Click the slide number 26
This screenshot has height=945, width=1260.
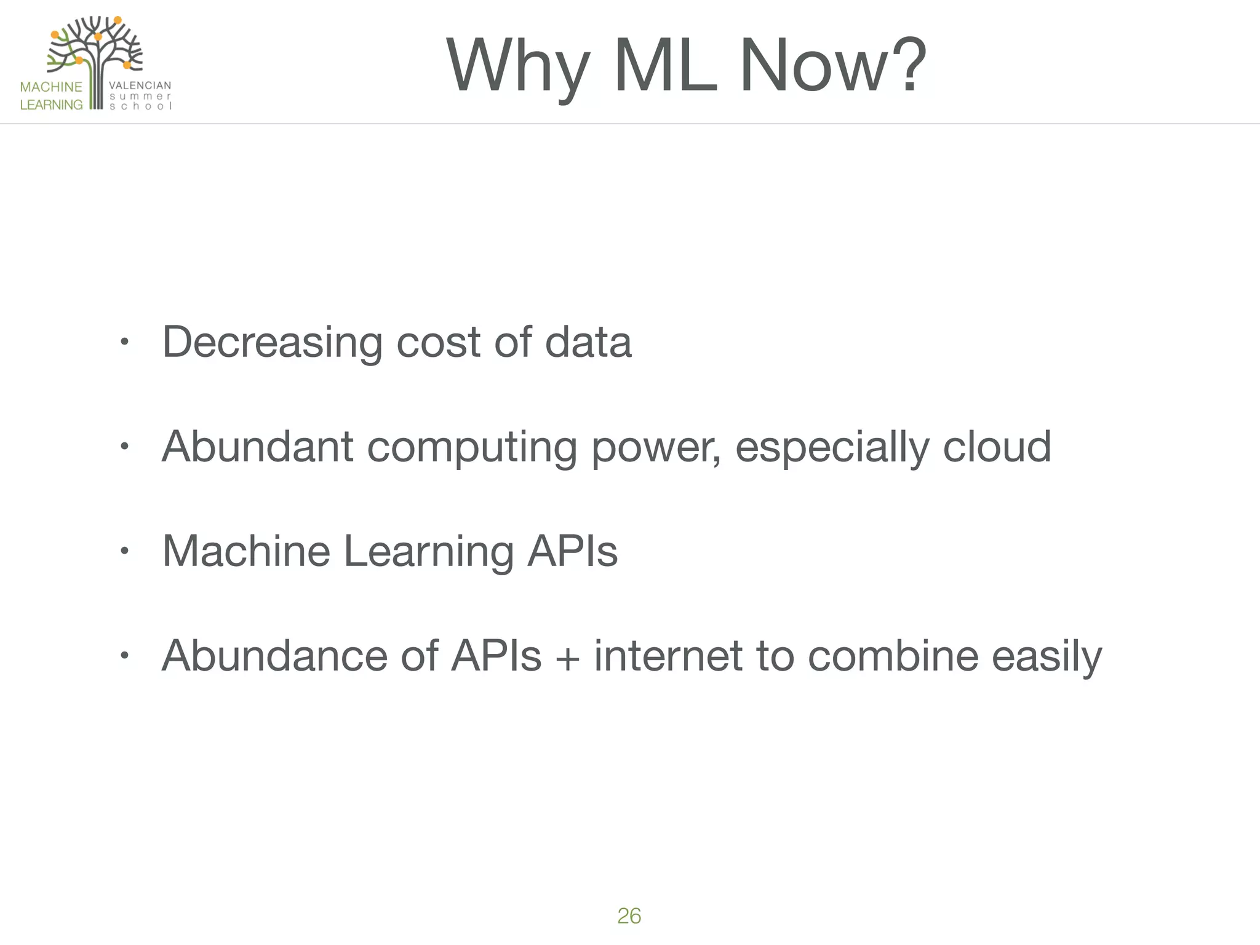point(629,915)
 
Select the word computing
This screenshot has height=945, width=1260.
point(472,448)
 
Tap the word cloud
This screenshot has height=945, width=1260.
point(997,447)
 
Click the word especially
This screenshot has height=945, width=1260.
point(832,448)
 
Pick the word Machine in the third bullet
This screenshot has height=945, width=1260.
point(246,551)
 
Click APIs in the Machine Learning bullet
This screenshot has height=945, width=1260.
point(572,551)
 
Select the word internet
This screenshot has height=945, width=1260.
point(668,656)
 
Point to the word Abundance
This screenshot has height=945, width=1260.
point(274,656)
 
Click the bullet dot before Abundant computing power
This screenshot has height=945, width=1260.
point(124,447)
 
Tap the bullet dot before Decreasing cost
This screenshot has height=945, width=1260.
point(124,342)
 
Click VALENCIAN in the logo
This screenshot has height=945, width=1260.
point(140,86)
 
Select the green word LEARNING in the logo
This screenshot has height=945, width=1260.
point(51,105)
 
